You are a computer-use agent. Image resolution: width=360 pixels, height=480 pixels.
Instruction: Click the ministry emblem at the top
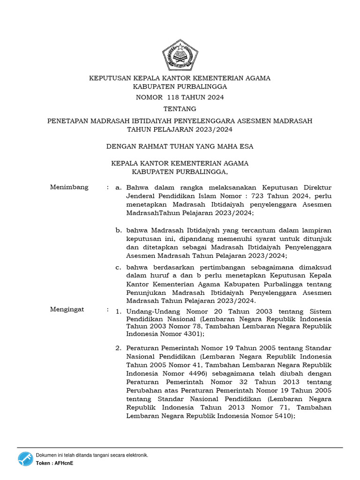click(x=180, y=55)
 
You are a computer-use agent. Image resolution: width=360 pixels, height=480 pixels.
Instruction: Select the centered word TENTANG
click(x=180, y=109)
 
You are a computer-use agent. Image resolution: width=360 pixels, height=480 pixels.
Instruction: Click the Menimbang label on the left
click(x=69, y=187)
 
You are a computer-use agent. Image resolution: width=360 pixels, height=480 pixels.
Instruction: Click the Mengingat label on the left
click(x=67, y=309)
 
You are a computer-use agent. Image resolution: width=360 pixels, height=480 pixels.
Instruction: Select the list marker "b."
click(x=119, y=230)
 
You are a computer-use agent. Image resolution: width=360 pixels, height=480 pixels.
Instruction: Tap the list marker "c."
click(x=119, y=267)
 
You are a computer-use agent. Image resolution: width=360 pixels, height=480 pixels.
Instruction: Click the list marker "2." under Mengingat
click(x=119, y=348)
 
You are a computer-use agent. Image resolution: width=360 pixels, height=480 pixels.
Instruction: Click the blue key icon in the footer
click(x=26, y=459)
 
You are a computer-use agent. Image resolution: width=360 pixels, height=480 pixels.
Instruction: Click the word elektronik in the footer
click(x=135, y=455)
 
